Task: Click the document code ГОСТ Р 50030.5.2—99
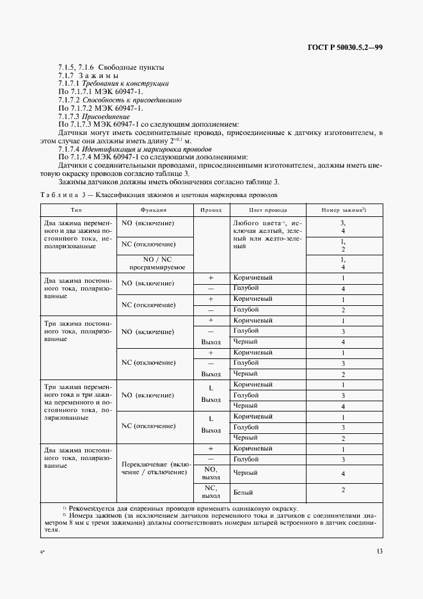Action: pos(345,47)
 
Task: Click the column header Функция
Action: pos(154,210)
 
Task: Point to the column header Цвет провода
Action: pos(267,210)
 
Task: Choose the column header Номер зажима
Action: pos(343,210)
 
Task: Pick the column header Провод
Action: pos(211,210)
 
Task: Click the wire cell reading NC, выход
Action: pos(211,491)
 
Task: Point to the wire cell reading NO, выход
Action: pos(211,473)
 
